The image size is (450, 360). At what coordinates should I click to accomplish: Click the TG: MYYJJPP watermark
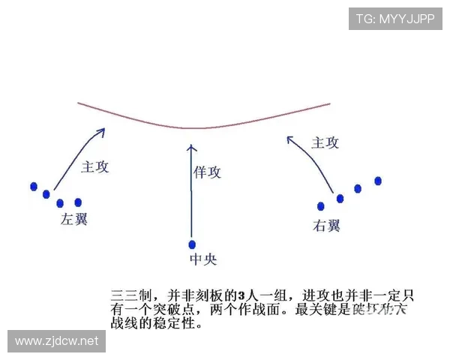click(x=394, y=19)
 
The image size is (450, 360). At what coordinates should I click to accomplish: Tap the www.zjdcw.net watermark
click(x=57, y=341)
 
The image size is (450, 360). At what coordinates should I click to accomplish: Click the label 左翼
click(x=75, y=220)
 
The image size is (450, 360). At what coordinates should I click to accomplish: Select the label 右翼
click(x=328, y=225)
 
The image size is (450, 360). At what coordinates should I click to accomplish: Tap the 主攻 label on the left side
click(x=95, y=166)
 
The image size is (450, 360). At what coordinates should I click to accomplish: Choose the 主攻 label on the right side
click(x=325, y=142)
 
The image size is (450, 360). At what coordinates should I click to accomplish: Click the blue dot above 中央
click(x=192, y=244)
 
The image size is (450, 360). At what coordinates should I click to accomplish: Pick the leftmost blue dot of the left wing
click(x=33, y=186)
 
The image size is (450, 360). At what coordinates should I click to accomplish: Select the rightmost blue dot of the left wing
click(x=77, y=202)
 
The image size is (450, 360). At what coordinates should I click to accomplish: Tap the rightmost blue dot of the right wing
click(x=378, y=181)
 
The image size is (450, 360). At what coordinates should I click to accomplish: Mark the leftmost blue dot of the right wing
click(x=321, y=205)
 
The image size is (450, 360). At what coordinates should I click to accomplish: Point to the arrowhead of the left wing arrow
click(x=101, y=131)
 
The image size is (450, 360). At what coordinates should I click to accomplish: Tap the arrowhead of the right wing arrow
click(x=290, y=139)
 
